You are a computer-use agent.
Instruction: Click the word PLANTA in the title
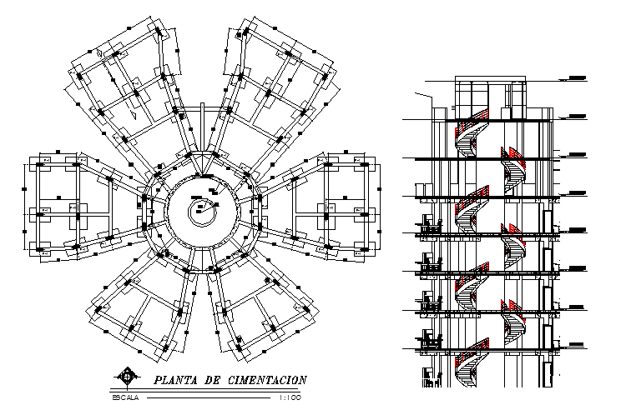click(174, 380)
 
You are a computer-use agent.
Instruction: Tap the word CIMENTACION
click(267, 380)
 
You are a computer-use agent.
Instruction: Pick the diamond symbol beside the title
click(127, 377)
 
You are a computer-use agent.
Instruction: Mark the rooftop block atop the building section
click(491, 92)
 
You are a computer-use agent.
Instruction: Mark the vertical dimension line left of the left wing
click(23, 204)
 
